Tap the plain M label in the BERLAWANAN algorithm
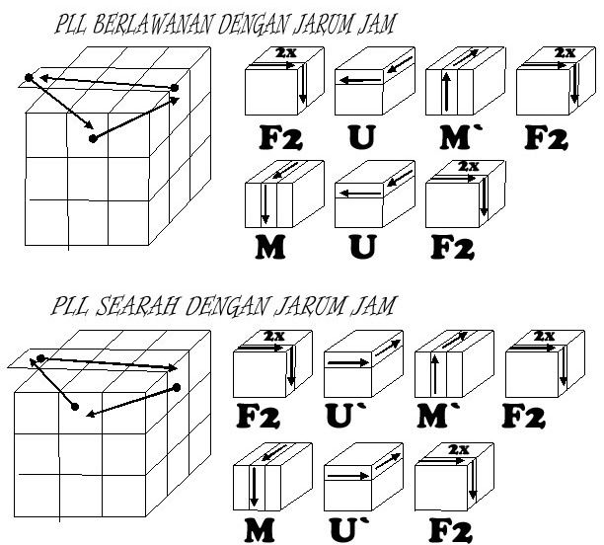click(269, 246)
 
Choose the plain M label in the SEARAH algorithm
click(259, 529)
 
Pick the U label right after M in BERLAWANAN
click(363, 246)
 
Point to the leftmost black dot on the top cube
click(28, 77)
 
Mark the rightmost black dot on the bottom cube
click(177, 387)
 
